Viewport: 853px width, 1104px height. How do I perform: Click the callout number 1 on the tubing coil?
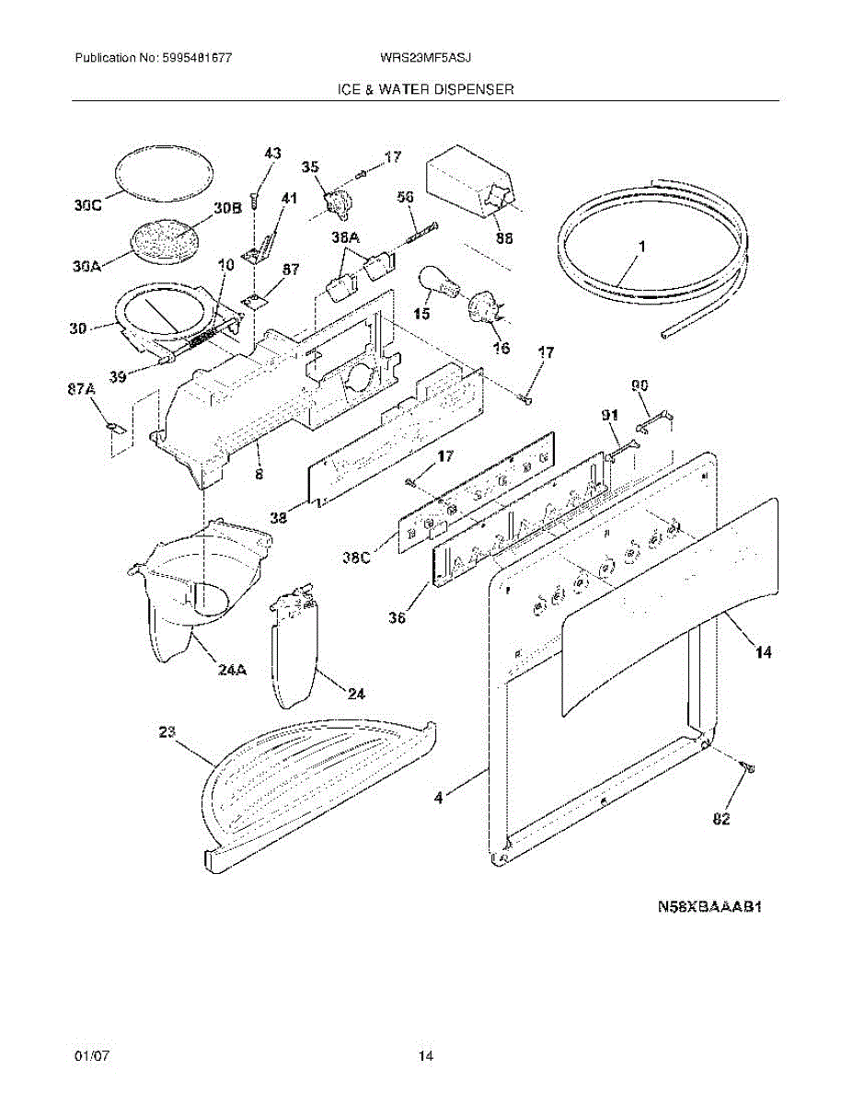(641, 247)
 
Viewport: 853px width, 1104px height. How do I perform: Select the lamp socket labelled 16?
(484, 306)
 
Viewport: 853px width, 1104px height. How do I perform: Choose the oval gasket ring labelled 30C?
(166, 171)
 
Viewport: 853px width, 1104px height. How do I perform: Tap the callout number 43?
(273, 154)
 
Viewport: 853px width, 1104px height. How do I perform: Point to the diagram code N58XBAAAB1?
(711, 907)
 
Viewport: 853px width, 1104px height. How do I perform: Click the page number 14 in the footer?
(426, 1057)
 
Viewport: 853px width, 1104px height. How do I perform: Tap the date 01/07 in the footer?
(92, 1057)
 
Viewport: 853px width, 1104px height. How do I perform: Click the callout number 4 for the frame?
(439, 799)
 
